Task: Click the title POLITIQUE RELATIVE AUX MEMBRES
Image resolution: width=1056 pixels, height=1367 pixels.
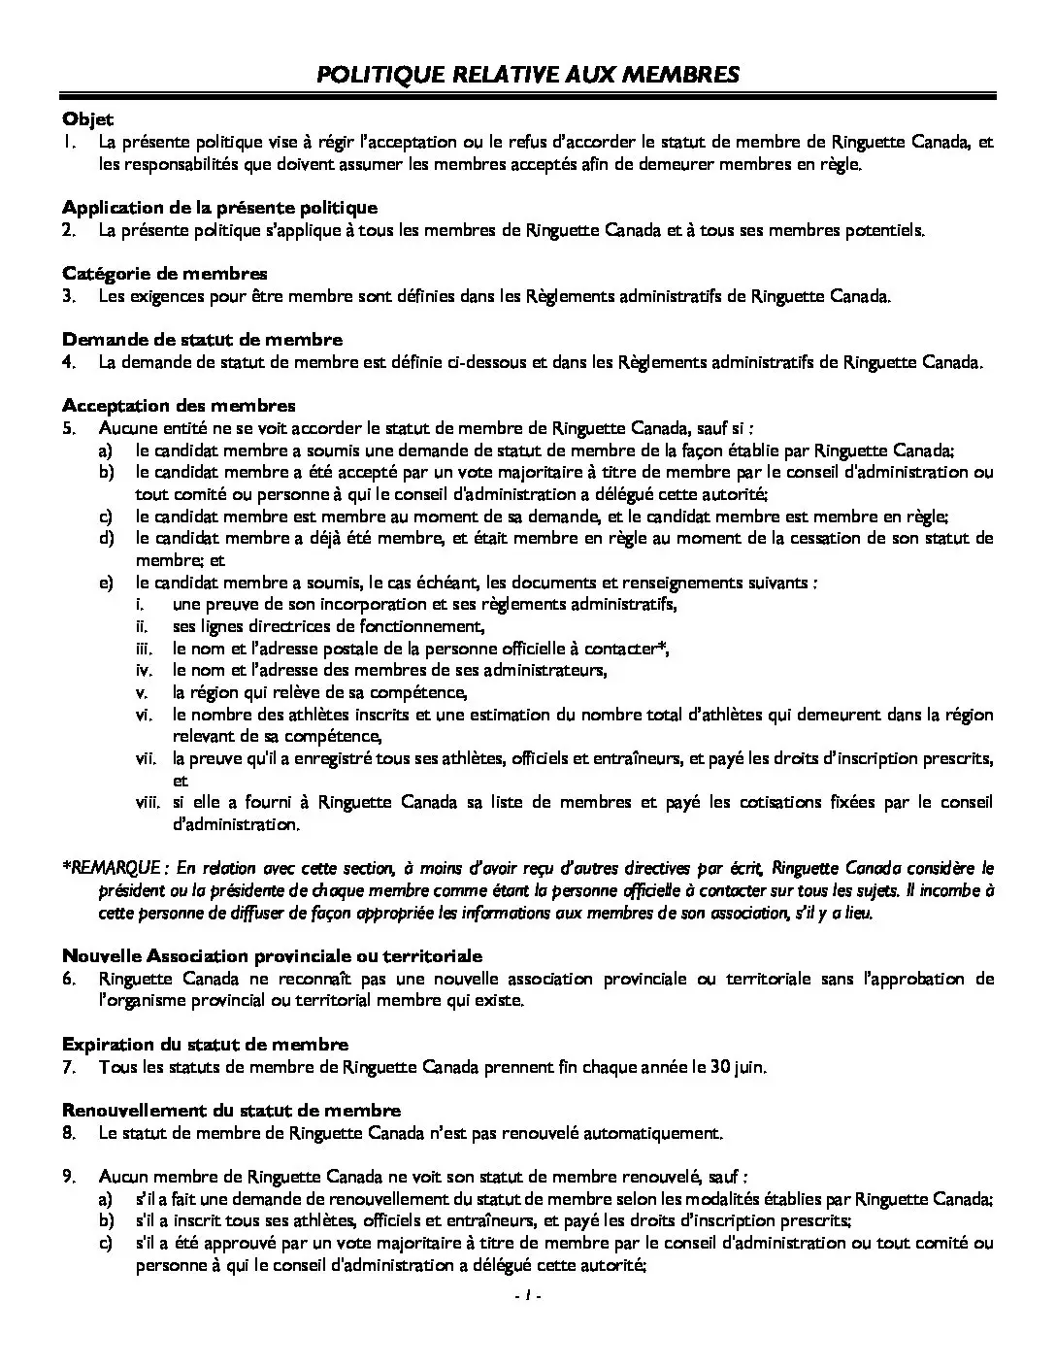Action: click(x=528, y=75)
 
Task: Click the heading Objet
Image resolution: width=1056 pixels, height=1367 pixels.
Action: click(x=87, y=119)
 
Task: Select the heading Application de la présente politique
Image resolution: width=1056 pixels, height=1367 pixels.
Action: click(x=219, y=208)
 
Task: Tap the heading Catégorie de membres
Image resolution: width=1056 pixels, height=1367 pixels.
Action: click(x=165, y=274)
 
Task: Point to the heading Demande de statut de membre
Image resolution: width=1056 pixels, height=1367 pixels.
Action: click(x=202, y=340)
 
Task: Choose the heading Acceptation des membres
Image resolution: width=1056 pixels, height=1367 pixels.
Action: click(x=179, y=406)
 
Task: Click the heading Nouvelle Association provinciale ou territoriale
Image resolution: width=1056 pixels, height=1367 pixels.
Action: click(x=272, y=956)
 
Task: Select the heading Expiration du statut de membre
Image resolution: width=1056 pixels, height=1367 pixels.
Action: click(x=205, y=1045)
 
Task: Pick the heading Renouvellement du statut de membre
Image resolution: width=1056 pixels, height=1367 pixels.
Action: click(x=231, y=1110)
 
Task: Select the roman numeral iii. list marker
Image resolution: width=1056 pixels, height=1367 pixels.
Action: click(x=144, y=649)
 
